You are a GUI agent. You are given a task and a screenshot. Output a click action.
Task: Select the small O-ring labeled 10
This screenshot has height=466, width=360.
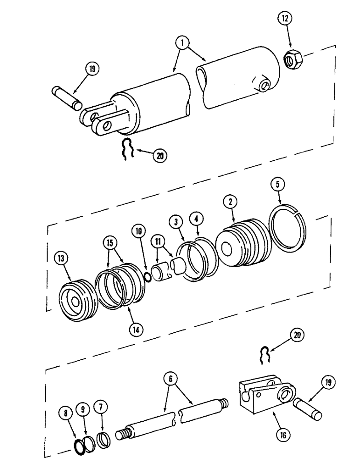point(146,277)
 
